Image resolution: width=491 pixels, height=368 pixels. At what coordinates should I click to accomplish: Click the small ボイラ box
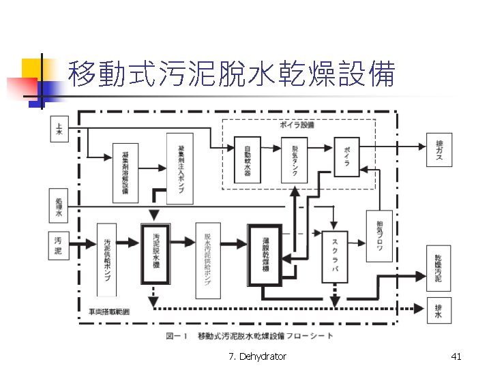(x=346, y=156)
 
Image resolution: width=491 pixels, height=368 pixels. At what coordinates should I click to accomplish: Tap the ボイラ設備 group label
(x=297, y=125)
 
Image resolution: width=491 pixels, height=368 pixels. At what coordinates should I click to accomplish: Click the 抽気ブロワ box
(x=379, y=236)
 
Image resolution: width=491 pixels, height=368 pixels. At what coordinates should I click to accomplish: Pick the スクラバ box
(x=335, y=256)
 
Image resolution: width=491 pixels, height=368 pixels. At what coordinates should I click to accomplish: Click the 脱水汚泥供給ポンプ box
(x=208, y=260)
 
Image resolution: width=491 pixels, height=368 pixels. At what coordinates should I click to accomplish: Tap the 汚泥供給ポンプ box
(x=108, y=260)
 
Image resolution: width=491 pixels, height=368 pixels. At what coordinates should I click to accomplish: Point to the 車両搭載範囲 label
(x=109, y=312)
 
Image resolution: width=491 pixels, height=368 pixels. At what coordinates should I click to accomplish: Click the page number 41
(x=456, y=356)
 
